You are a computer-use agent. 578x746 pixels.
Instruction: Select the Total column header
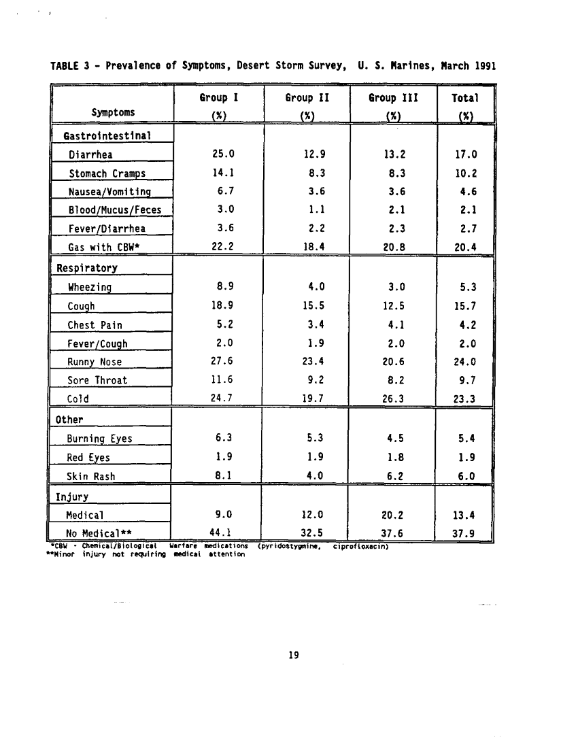coord(465,98)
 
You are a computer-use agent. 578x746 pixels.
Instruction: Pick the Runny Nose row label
coord(95,362)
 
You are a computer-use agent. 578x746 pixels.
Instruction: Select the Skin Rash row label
coord(91,476)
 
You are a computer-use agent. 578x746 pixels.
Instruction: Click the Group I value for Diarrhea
coord(224,154)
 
